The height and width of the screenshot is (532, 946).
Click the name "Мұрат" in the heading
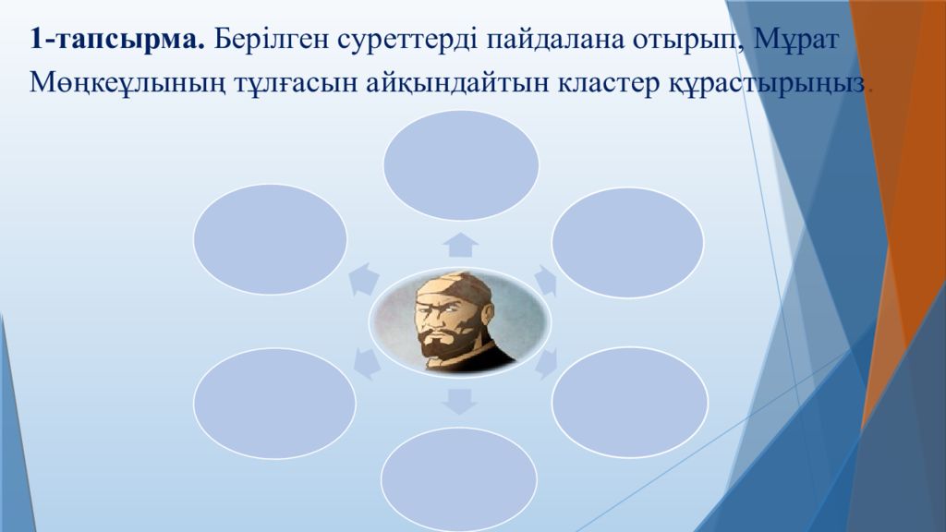tap(796, 41)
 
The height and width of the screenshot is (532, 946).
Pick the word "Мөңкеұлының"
tap(127, 83)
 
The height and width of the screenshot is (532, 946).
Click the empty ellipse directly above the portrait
tap(461, 164)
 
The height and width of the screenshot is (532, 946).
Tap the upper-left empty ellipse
tap(271, 239)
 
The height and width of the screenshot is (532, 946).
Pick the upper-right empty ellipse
tap(627, 243)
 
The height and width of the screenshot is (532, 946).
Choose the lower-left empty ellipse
tap(274, 403)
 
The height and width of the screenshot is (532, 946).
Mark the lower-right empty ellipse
tap(630, 402)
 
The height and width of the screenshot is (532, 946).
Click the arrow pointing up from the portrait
tap(460, 245)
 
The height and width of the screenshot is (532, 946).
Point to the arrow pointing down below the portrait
tap(459, 402)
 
